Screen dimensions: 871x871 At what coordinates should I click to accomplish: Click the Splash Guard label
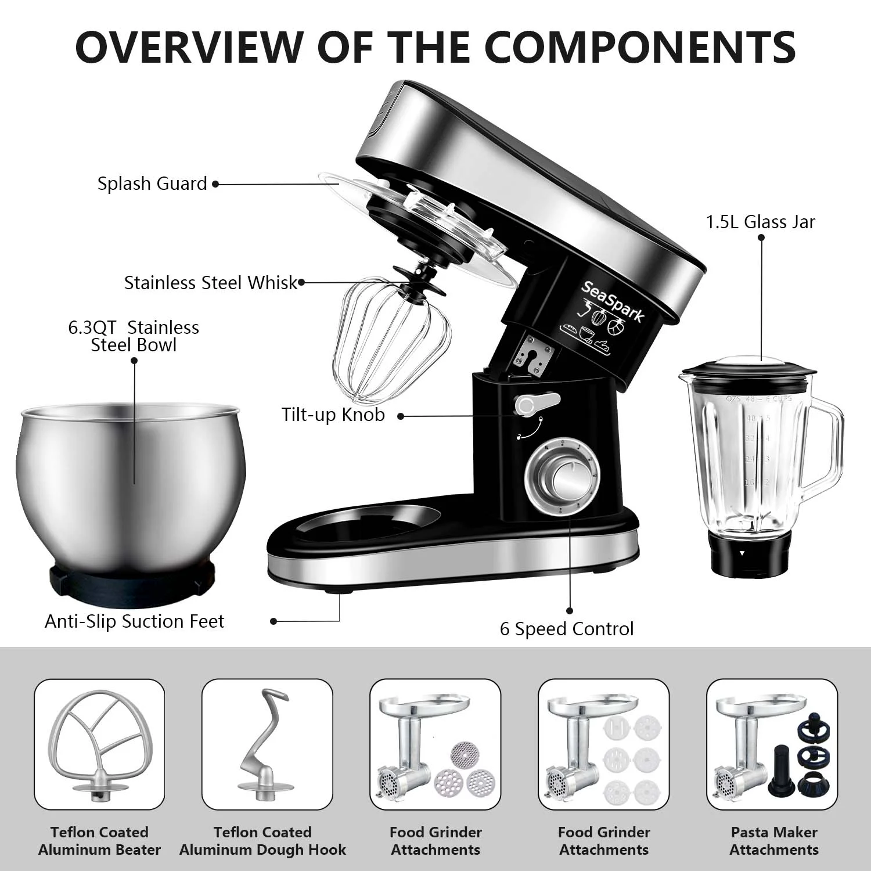coord(152,183)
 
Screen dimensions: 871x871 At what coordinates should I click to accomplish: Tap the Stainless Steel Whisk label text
coord(210,283)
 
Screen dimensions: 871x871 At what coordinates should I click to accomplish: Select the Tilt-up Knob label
coord(333,415)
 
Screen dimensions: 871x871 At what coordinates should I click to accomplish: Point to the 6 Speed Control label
coord(566,629)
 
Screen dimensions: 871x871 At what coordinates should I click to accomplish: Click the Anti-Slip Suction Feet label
coord(134,621)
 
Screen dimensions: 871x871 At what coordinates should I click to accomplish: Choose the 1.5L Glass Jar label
coord(760,222)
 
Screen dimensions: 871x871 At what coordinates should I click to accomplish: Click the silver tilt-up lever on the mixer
coord(535,404)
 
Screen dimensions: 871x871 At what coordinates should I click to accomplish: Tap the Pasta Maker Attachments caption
coord(773,841)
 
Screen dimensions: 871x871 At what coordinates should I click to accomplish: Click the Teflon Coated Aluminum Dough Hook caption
coord(262,841)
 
